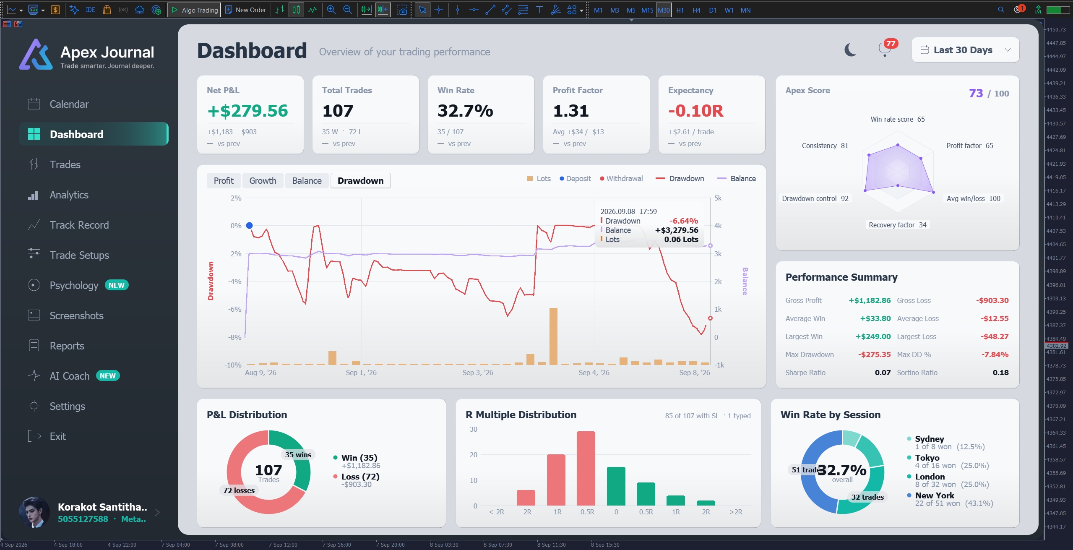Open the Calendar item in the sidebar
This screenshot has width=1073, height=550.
69,104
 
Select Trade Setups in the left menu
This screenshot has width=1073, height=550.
79,255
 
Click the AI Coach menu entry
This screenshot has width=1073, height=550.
69,376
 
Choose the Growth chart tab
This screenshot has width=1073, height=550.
263,181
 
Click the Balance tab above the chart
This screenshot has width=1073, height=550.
307,181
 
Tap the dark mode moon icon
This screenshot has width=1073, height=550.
850,50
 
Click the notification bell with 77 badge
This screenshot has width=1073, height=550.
885,49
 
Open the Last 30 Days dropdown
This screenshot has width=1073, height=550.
965,50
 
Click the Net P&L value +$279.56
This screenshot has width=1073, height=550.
247,111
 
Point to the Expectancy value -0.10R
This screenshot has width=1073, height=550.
696,111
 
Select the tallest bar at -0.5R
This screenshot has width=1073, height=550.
586,468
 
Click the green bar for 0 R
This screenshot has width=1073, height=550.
616,486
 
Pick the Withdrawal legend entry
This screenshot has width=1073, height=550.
621,179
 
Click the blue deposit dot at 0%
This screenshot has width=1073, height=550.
249,226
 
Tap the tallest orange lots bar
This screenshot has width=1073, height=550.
553,336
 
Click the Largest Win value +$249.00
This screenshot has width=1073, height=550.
873,336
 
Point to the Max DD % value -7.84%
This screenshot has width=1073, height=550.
995,355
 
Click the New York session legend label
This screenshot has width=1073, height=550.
935,495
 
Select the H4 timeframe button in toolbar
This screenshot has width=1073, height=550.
696,10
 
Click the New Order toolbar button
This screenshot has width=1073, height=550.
246,10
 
